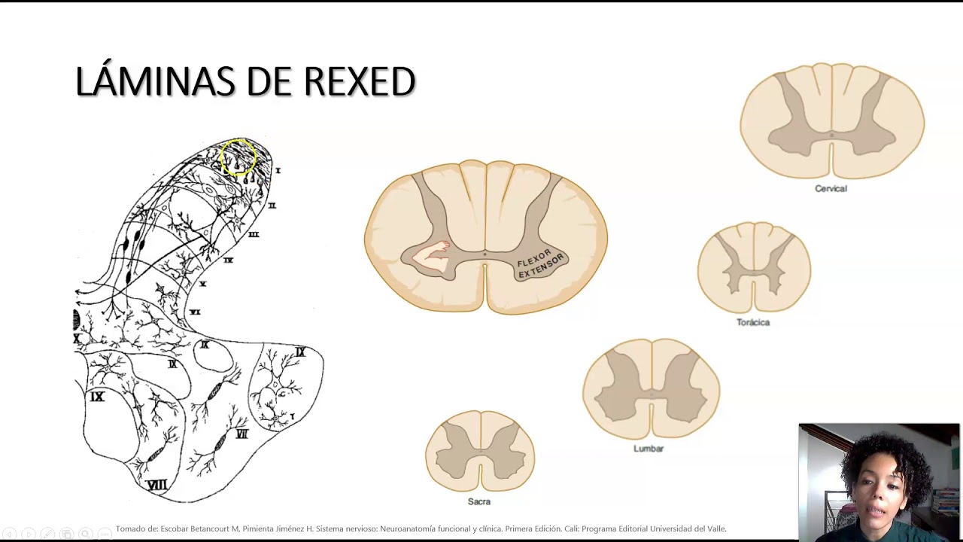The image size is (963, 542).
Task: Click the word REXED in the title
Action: pyautogui.click(x=360, y=82)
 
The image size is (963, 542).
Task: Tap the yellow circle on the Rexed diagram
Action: pyautogui.click(x=239, y=157)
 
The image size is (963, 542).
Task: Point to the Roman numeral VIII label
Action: pyautogui.click(x=156, y=485)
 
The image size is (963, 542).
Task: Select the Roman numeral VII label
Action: pyautogui.click(x=242, y=434)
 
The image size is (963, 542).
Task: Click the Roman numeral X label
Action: pyautogui.click(x=77, y=339)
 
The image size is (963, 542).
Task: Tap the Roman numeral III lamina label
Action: pyautogui.click(x=254, y=234)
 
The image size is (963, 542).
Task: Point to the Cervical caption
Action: pyautogui.click(x=831, y=189)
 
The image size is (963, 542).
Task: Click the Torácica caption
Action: pyautogui.click(x=753, y=322)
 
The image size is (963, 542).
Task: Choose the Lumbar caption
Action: pyautogui.click(x=649, y=449)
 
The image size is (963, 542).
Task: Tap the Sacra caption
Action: pyautogui.click(x=479, y=501)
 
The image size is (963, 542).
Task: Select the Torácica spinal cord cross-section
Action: pyautogui.click(x=754, y=267)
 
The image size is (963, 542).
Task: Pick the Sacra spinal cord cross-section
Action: pyautogui.click(x=480, y=451)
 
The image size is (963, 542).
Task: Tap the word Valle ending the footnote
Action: pyautogui.click(x=715, y=528)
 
